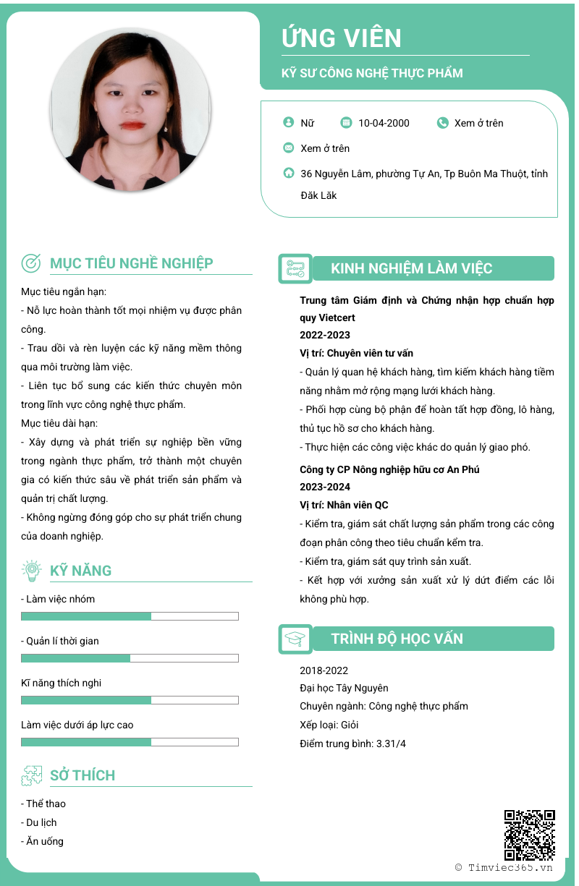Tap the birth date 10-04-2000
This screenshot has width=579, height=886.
[384, 123]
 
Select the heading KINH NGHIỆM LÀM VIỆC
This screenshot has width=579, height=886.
[411, 268]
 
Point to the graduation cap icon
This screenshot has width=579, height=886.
[295, 639]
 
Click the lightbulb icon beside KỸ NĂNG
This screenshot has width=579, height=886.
[32, 571]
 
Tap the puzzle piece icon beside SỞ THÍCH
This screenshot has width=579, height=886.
[32, 775]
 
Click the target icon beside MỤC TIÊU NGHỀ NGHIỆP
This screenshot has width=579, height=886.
[32, 263]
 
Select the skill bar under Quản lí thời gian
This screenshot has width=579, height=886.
[130, 658]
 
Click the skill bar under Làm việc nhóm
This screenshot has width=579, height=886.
[130, 616]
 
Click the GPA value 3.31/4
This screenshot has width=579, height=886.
[391, 744]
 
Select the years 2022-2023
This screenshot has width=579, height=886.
[325, 335]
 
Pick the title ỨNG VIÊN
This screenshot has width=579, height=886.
[342, 38]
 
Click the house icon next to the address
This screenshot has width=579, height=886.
[289, 174]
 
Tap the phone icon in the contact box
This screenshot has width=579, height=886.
[443, 123]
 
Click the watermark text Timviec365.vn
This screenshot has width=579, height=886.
[510, 867]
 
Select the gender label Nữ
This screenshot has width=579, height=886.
[308, 123]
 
